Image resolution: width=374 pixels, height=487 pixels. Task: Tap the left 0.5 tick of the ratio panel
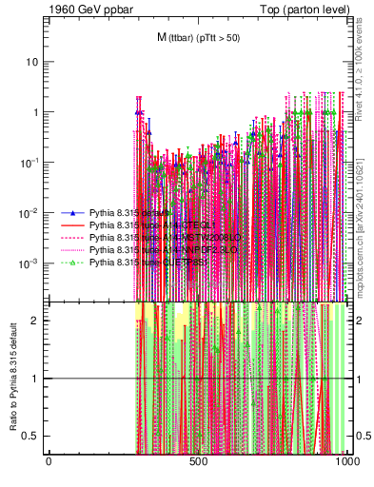click(32, 436)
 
